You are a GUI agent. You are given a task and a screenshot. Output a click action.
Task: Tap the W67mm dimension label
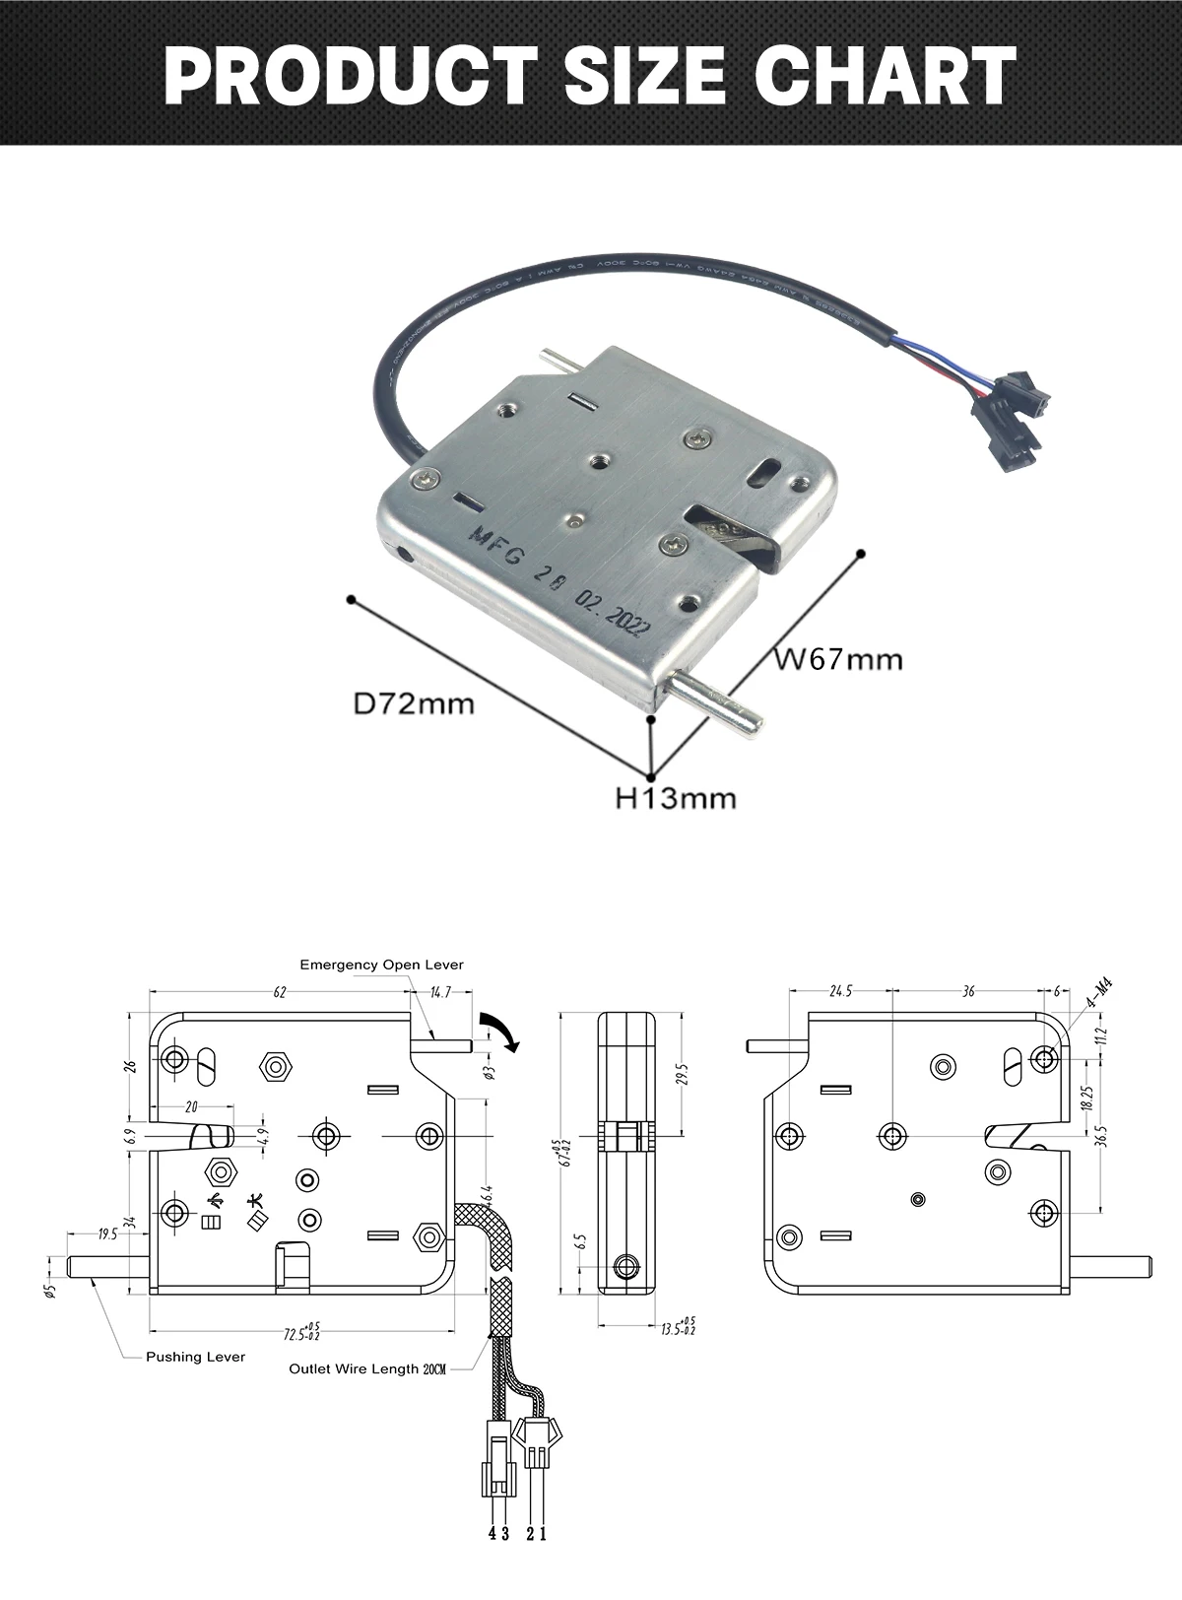[x=837, y=658]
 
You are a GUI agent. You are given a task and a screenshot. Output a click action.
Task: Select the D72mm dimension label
[x=414, y=703]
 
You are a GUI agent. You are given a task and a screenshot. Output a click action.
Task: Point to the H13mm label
[x=676, y=798]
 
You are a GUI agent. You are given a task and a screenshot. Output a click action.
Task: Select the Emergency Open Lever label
[x=381, y=965]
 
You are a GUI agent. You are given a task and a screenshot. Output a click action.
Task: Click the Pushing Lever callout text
[x=195, y=1357]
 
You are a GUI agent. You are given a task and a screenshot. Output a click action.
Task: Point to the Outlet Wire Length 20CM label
[x=367, y=1369]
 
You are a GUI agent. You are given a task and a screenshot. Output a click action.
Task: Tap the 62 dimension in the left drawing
[x=280, y=993]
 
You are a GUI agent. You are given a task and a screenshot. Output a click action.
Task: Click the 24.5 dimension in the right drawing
[x=840, y=991]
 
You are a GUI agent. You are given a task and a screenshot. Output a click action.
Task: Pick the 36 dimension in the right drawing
[x=968, y=991]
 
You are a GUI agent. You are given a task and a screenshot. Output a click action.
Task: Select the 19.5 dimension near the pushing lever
[x=108, y=1234]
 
